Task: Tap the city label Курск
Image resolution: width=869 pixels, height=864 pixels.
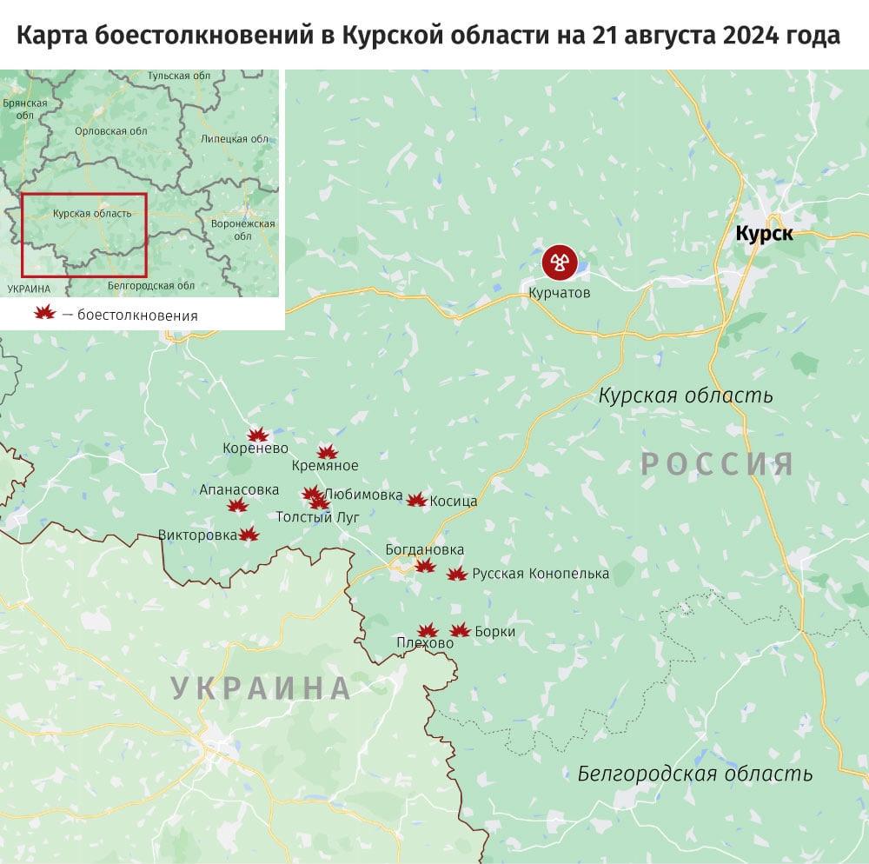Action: [764, 233]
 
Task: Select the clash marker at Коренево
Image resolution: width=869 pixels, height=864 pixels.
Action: [257, 435]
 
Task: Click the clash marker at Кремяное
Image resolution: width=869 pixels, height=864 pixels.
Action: [327, 451]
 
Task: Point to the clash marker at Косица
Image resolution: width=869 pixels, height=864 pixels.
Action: [417, 500]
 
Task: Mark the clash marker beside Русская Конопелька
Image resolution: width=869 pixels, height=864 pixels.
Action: [457, 574]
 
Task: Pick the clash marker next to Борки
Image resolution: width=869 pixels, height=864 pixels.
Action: [460, 631]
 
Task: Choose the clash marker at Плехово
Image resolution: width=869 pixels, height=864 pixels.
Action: [427, 631]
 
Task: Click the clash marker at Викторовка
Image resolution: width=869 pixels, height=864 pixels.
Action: [249, 535]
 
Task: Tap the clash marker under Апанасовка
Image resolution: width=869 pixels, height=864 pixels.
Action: [235, 506]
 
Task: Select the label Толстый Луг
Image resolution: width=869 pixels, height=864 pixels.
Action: [317, 517]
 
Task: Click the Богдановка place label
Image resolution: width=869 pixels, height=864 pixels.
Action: [425, 550]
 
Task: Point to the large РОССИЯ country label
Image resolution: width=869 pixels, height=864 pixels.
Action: [717, 463]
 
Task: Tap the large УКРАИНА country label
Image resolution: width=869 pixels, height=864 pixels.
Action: [261, 688]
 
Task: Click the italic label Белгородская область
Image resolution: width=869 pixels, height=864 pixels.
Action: [695, 774]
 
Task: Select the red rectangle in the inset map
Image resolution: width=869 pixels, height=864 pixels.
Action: [84, 232]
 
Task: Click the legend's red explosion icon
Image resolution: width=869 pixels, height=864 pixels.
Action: [44, 315]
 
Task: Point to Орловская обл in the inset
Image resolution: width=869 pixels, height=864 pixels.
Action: [112, 130]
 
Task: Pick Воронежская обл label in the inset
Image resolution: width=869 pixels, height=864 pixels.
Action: [243, 229]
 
